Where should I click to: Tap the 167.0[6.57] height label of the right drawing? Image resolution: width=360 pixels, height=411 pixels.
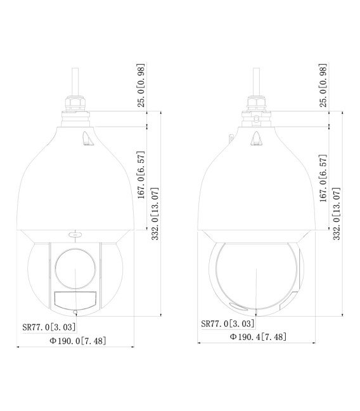[x=323, y=178]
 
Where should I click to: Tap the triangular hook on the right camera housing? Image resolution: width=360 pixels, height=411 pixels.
[x=258, y=139]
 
